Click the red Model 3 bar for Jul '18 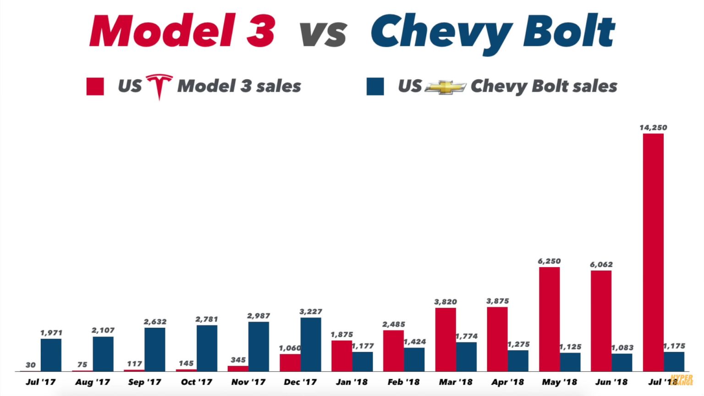tap(653, 252)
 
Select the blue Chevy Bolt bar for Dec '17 tap(311, 344)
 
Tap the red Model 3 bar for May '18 tap(549, 319)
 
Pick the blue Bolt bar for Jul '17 tap(51, 355)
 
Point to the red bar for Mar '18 tap(445, 339)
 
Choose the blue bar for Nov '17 tap(258, 346)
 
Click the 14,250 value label tap(653, 128)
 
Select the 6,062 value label tap(601, 264)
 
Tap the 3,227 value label tap(311, 312)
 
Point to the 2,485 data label tap(394, 324)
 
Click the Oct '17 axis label tap(197, 382)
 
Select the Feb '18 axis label tap(403, 382)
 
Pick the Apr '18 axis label tap(507, 382)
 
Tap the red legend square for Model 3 tap(95, 86)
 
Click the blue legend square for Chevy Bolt tap(375, 86)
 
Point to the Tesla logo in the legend tap(159, 86)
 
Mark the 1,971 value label tap(51, 333)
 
